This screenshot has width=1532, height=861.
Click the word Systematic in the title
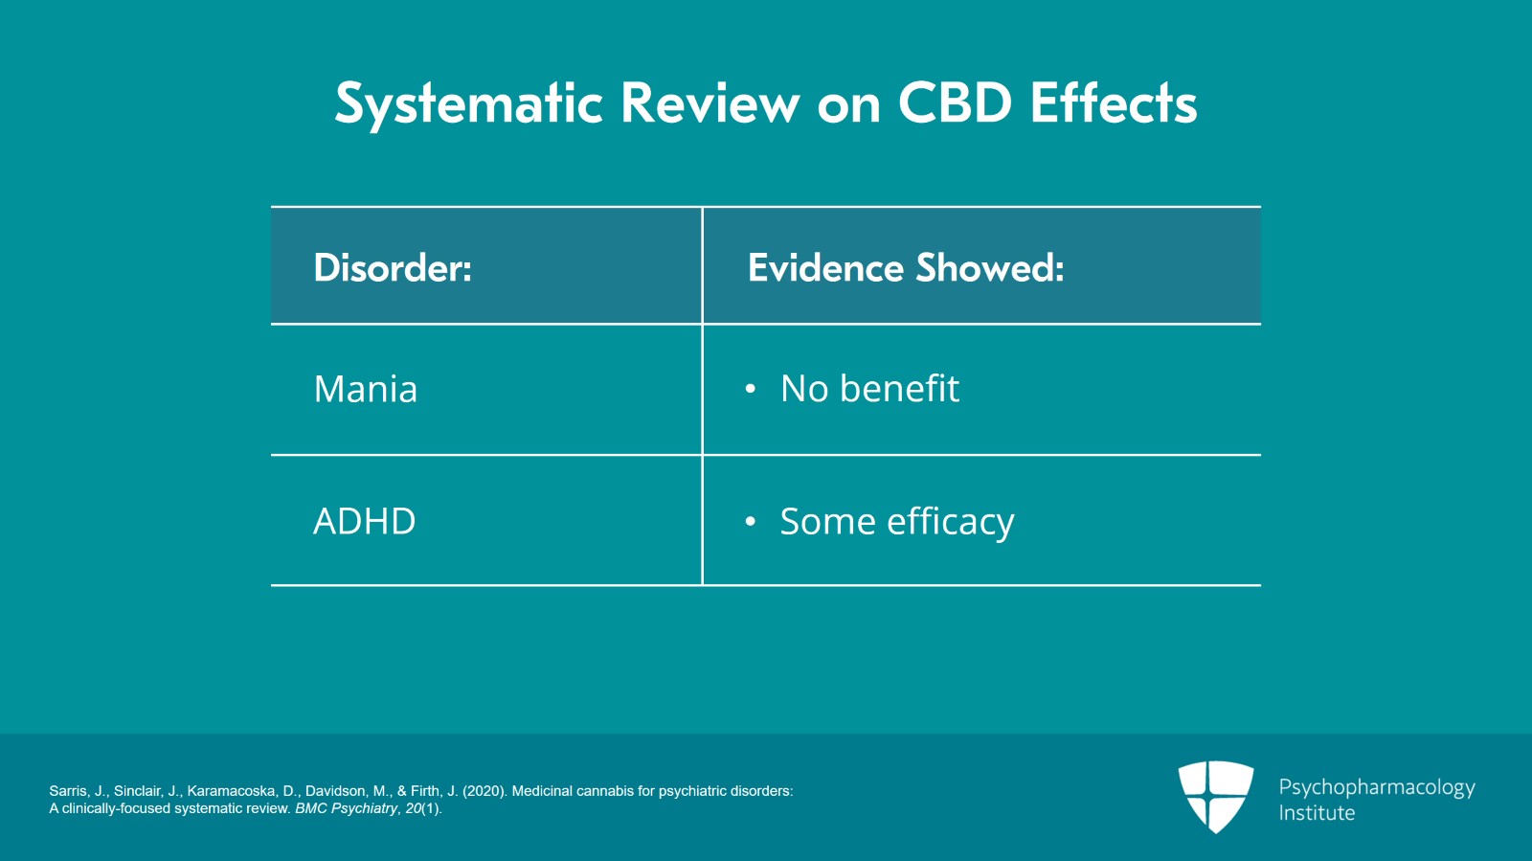tap(468, 103)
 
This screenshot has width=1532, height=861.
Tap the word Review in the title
tap(710, 103)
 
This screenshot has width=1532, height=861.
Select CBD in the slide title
tap(954, 102)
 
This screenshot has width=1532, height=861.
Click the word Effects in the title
tap(1114, 102)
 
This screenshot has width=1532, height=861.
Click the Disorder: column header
tap(393, 268)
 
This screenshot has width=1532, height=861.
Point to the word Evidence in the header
tap(824, 268)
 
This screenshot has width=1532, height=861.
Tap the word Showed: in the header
tap(989, 268)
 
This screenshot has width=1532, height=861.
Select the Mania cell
tap(366, 390)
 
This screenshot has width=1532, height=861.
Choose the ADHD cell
tap(364, 522)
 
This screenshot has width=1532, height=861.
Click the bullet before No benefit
tap(751, 389)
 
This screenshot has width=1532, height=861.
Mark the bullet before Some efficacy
tap(751, 522)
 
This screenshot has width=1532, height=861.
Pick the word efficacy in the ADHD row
tap(950, 523)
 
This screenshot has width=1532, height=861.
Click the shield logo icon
tap(1215, 795)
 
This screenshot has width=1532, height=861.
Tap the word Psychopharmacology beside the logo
tap(1376, 787)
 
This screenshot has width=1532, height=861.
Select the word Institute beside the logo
tap(1317, 813)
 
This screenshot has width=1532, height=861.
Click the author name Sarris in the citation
tap(67, 791)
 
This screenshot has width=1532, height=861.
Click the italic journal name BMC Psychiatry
tap(346, 808)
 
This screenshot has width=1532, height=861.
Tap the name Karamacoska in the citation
tap(231, 791)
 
